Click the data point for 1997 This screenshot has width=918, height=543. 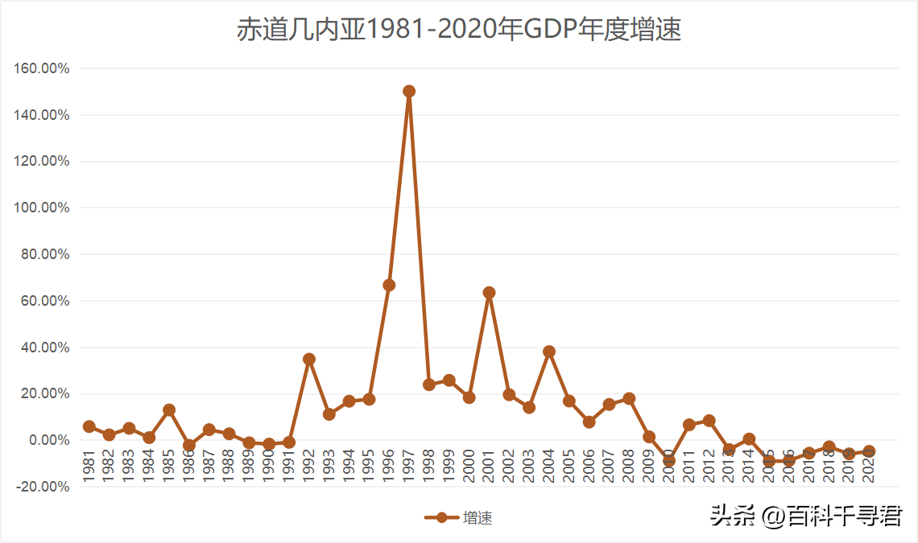pyautogui.click(x=409, y=92)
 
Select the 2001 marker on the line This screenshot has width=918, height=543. pyautogui.click(x=489, y=293)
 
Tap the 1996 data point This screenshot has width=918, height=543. pyautogui.click(x=389, y=285)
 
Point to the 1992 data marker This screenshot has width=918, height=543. pyautogui.click(x=309, y=359)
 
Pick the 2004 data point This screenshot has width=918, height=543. pyautogui.click(x=549, y=352)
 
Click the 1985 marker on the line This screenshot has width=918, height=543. pyautogui.click(x=169, y=410)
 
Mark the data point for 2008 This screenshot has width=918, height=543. pyautogui.click(x=629, y=399)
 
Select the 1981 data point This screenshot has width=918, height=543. pyautogui.click(x=89, y=426)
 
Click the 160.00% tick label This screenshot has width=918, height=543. pyautogui.click(x=43, y=68)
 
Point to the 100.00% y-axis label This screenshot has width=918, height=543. pyautogui.click(x=43, y=208)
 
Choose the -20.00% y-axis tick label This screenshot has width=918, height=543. pyautogui.click(x=43, y=487)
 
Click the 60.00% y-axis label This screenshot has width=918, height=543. pyautogui.click(x=45, y=301)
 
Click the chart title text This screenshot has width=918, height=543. pyautogui.click(x=459, y=30)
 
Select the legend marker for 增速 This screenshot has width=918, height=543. pyautogui.click(x=441, y=517)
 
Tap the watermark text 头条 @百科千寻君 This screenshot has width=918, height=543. pyautogui.click(x=805, y=516)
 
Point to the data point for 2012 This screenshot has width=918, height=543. pyautogui.click(x=709, y=421)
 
